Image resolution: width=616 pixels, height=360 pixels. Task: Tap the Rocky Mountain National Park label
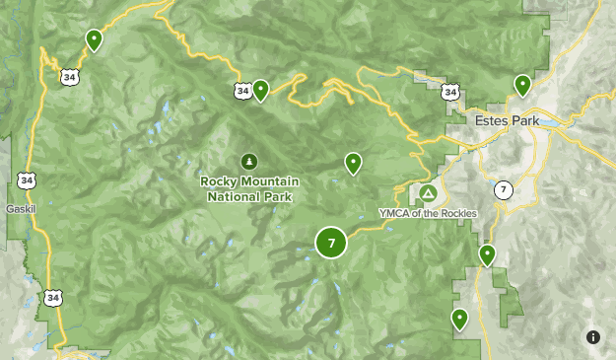[250, 188]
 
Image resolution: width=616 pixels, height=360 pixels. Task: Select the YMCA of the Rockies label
[428, 213]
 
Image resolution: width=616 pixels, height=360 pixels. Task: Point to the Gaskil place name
[21, 209]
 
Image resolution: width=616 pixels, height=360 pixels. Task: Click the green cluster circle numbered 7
[331, 243]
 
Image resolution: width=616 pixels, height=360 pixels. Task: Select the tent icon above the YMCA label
[428, 192]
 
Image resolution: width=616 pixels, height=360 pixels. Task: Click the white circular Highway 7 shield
[504, 189]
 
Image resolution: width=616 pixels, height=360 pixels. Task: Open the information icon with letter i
[593, 337]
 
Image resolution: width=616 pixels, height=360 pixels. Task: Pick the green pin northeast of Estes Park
[522, 85]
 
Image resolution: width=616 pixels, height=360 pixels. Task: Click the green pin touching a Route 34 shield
[261, 90]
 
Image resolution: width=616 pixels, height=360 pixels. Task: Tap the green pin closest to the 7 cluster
[352, 163]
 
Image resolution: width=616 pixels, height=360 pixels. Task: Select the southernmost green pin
[459, 319]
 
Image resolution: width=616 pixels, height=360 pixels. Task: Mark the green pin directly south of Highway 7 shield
[487, 254]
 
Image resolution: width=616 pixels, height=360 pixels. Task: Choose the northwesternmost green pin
[94, 39]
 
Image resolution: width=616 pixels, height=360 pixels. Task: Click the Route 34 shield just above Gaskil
[25, 180]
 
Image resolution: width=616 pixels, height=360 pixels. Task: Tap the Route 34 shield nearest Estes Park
[450, 92]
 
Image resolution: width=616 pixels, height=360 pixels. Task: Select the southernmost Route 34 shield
[51, 296]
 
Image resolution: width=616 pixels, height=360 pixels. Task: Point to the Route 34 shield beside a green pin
[242, 91]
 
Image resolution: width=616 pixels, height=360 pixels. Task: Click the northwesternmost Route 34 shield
[67, 74]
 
